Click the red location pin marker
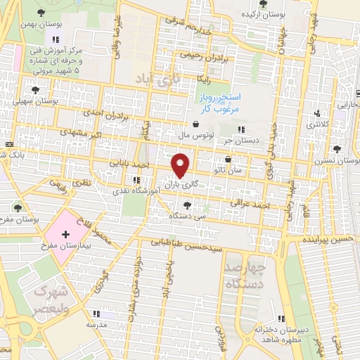tap(181, 165)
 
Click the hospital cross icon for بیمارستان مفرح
tap(66, 235)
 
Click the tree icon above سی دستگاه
tap(186, 205)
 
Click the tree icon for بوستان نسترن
tap(337, 148)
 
